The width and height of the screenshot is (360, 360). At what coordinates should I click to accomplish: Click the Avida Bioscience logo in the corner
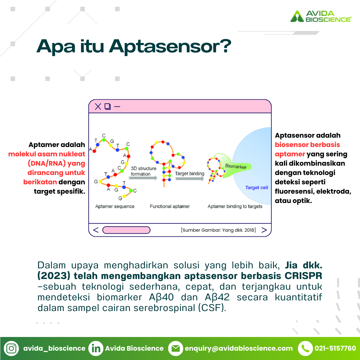coord(321,16)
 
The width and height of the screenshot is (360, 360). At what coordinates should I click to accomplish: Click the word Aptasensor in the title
coord(170,47)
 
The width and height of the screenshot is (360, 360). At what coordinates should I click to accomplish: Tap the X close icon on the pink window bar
coord(98,107)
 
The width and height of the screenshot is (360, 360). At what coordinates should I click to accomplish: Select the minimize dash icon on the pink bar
coord(117,107)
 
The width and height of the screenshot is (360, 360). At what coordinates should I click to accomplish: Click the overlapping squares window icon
coord(108,106)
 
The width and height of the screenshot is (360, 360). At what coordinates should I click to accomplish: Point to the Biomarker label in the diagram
coord(236,166)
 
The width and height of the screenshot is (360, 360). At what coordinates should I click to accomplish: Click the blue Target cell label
coord(256,188)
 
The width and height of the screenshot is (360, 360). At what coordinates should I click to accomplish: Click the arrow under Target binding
coord(189,178)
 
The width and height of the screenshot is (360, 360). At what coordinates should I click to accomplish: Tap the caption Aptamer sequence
coord(115,206)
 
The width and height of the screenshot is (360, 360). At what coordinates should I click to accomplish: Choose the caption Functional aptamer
coord(170,206)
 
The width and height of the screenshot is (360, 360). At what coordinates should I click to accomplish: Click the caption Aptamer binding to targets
coord(235,206)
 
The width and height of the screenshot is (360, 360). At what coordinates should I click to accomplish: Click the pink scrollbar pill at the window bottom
coord(126,230)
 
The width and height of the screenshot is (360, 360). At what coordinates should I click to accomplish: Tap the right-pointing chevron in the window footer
coord(264,230)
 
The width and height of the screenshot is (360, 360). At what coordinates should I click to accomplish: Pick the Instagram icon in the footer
coord(11,348)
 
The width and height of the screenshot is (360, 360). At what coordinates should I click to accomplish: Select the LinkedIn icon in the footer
coord(96,348)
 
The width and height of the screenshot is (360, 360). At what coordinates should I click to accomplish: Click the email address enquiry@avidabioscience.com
coord(239,348)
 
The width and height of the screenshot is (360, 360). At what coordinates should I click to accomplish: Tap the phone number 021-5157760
coord(335,348)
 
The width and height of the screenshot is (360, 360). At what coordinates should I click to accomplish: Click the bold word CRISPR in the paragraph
coord(303,276)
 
